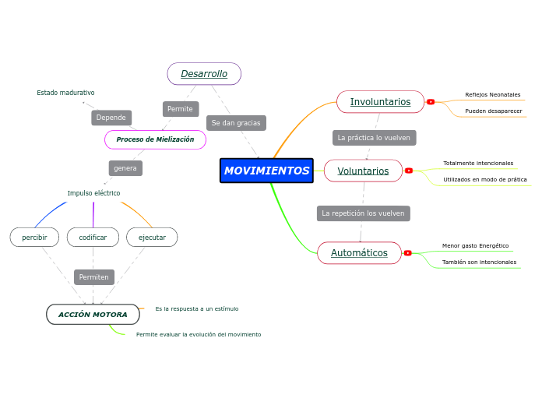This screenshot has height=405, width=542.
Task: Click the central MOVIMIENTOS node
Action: [x=266, y=171]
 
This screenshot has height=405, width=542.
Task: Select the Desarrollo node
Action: [x=204, y=74]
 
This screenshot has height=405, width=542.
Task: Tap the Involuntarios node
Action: [x=380, y=102]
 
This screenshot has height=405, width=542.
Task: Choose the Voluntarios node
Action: [x=363, y=171]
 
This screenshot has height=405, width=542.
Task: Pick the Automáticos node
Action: [x=359, y=253]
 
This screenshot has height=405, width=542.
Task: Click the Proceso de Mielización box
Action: [x=155, y=139]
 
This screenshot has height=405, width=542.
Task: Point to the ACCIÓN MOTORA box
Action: [x=93, y=315]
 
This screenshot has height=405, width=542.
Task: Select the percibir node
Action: [x=34, y=237]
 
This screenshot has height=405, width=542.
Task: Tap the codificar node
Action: [x=93, y=237]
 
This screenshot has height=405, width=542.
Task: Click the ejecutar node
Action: [x=152, y=237]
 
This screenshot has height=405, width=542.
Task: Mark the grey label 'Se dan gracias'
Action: [x=236, y=123]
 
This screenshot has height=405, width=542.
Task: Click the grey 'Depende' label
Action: [x=111, y=118]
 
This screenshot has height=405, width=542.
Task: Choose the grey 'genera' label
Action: [x=125, y=168]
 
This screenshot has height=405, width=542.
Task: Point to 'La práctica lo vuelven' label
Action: [x=374, y=138]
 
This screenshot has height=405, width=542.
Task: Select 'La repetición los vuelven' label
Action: [x=363, y=213]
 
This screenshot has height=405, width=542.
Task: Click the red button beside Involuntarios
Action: [x=431, y=102]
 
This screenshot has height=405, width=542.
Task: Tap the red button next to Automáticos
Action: [x=408, y=253]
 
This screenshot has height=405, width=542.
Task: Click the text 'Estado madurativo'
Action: [x=65, y=93]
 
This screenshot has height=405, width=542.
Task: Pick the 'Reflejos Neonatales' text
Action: [x=492, y=95]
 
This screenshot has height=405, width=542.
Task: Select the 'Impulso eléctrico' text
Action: [x=93, y=193]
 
